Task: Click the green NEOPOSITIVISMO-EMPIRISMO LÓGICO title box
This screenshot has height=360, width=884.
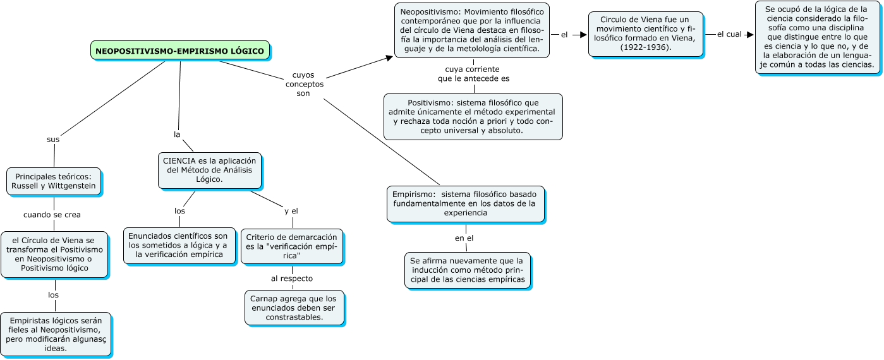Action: [180, 51]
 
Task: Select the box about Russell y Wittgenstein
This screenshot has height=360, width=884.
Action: [54, 181]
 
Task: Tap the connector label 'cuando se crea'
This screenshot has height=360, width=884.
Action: [52, 215]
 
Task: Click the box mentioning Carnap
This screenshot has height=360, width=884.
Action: [294, 308]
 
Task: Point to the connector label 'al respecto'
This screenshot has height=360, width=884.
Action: [291, 278]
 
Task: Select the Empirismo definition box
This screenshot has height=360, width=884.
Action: [465, 203]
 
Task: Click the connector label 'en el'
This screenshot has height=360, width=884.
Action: [464, 238]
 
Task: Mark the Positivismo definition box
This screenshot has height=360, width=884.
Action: [473, 116]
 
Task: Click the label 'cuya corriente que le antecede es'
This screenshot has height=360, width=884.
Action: [473, 73]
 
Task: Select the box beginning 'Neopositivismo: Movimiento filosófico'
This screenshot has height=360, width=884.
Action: [471, 30]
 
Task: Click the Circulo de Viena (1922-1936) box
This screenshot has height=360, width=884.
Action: [645, 34]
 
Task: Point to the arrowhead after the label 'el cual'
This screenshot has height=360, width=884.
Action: [750, 35]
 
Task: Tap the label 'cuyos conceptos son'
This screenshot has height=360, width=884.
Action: [304, 84]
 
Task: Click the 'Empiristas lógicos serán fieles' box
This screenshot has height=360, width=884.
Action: [56, 334]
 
